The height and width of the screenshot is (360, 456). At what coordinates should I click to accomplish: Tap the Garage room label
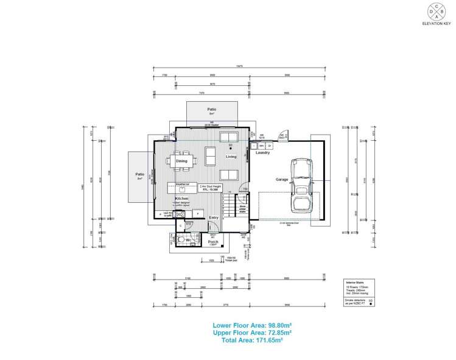(281, 180)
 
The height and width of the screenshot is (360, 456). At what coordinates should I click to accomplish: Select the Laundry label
(262, 153)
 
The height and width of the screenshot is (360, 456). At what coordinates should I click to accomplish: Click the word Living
(231, 157)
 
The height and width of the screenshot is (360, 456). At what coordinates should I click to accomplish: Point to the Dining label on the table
(182, 161)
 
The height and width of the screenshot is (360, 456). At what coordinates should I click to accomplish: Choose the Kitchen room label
(181, 199)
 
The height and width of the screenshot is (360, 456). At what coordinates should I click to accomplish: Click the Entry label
(214, 217)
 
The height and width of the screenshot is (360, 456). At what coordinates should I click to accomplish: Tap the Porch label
(213, 242)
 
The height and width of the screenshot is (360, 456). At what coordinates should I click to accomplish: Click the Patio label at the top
(212, 109)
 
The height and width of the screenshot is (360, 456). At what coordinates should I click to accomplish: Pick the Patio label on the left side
(139, 174)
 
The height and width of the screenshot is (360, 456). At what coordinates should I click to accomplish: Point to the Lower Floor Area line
(251, 325)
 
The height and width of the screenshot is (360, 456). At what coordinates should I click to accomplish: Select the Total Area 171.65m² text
(251, 341)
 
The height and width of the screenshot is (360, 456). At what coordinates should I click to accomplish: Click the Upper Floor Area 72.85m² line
(251, 333)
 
